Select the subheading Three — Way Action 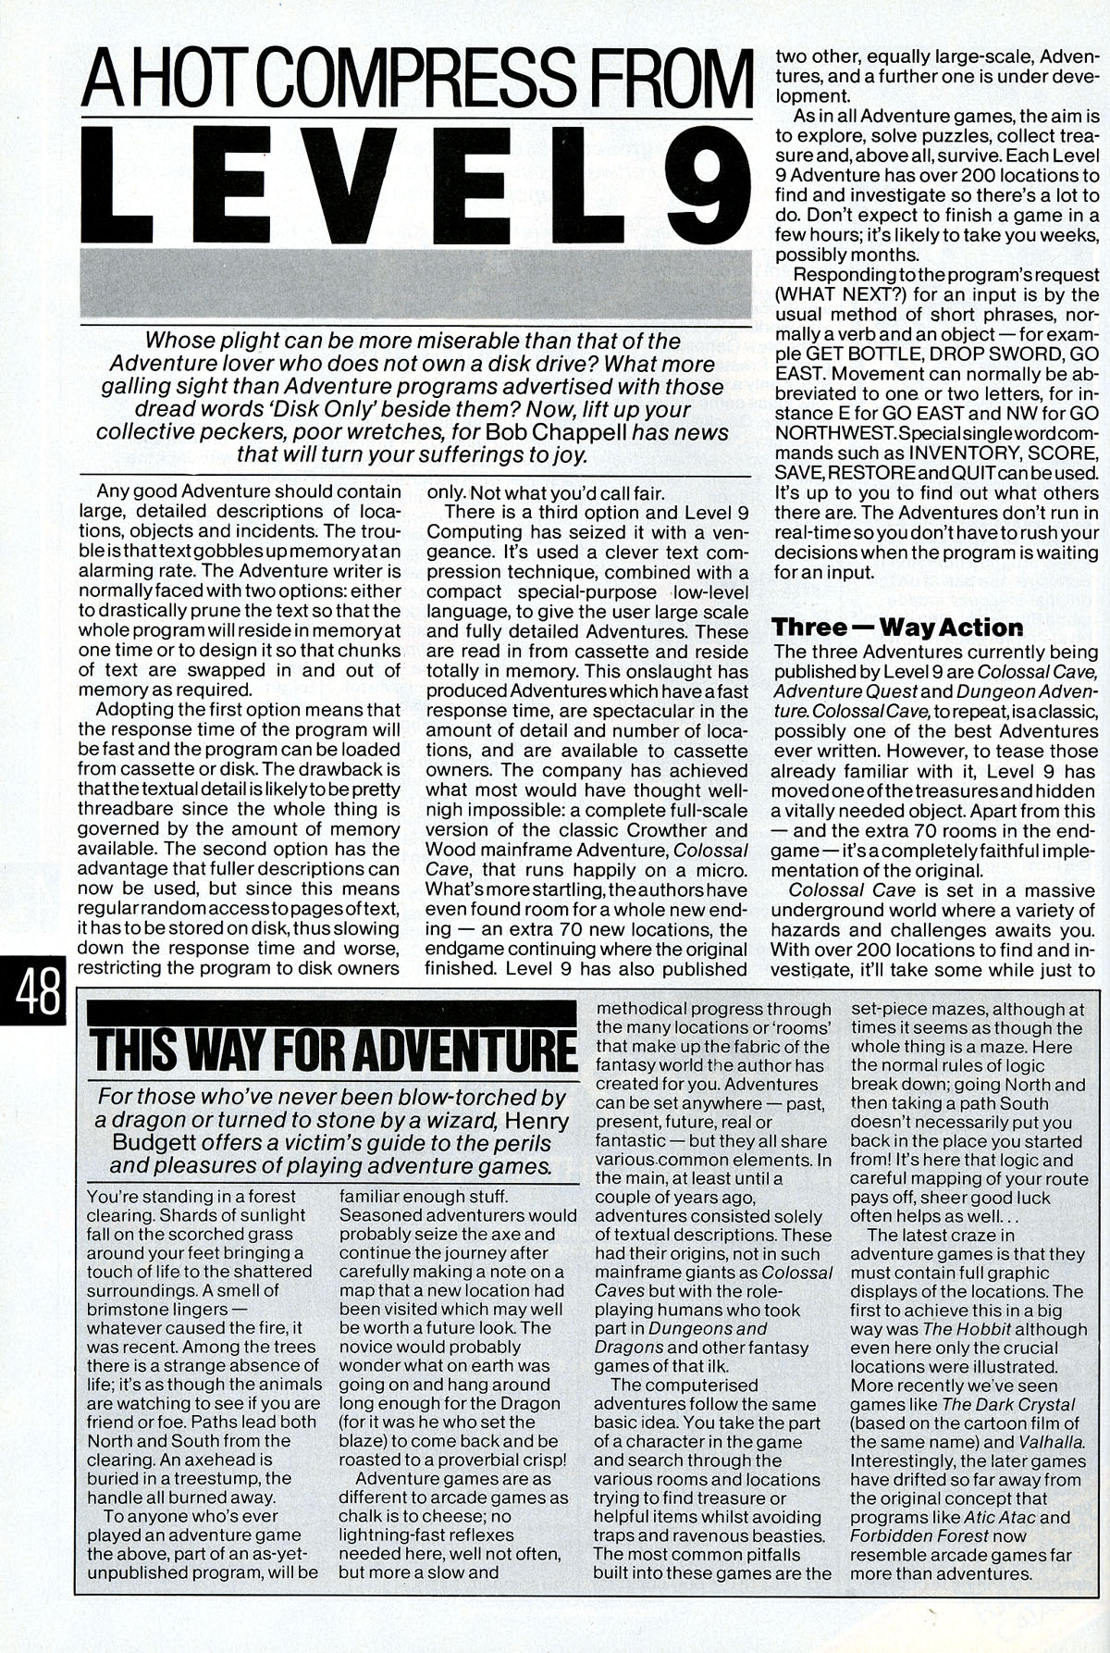897,627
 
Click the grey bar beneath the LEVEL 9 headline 413,281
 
